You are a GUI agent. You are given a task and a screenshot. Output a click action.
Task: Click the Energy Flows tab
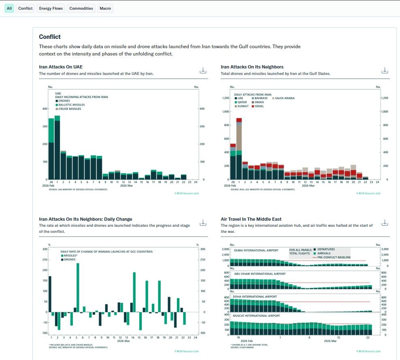click(51, 9)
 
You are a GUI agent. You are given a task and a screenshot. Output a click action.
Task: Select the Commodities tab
click(81, 9)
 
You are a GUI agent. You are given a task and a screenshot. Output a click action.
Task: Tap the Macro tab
click(105, 9)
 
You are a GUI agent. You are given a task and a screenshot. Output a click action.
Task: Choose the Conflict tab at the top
click(26, 9)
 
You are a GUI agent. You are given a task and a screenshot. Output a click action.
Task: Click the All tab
click(9, 9)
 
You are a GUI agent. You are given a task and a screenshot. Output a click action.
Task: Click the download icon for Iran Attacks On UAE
click(203, 70)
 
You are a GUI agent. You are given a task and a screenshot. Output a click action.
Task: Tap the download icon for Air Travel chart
click(385, 223)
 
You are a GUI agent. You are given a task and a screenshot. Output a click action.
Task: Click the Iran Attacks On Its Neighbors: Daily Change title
click(85, 219)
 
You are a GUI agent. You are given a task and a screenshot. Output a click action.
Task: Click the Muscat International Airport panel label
click(257, 315)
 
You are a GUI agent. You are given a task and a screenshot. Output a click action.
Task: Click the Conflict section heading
click(50, 37)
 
